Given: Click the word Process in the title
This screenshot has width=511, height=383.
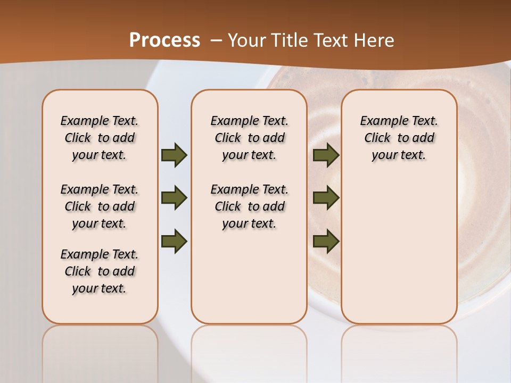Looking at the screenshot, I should (164, 40).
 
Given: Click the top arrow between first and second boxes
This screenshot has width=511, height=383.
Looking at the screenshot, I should (174, 155).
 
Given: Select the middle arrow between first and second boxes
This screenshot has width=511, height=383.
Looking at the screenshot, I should (174, 198).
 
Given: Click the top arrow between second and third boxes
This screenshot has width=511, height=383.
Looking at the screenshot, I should (326, 155).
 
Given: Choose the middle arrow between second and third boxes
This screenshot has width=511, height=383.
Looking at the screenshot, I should (326, 198).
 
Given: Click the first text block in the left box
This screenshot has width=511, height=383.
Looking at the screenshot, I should (100, 138).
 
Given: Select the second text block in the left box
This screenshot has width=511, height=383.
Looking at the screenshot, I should (100, 206).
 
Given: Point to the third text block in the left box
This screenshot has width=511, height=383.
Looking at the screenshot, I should (100, 271).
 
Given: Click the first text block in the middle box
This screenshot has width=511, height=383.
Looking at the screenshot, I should (249, 138).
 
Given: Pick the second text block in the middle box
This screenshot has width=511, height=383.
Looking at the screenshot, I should (249, 206).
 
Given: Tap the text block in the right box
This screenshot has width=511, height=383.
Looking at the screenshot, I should (399, 138).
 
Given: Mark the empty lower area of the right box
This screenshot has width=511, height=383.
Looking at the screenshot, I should (399, 250).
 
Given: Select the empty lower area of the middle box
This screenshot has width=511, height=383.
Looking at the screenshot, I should (249, 277).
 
